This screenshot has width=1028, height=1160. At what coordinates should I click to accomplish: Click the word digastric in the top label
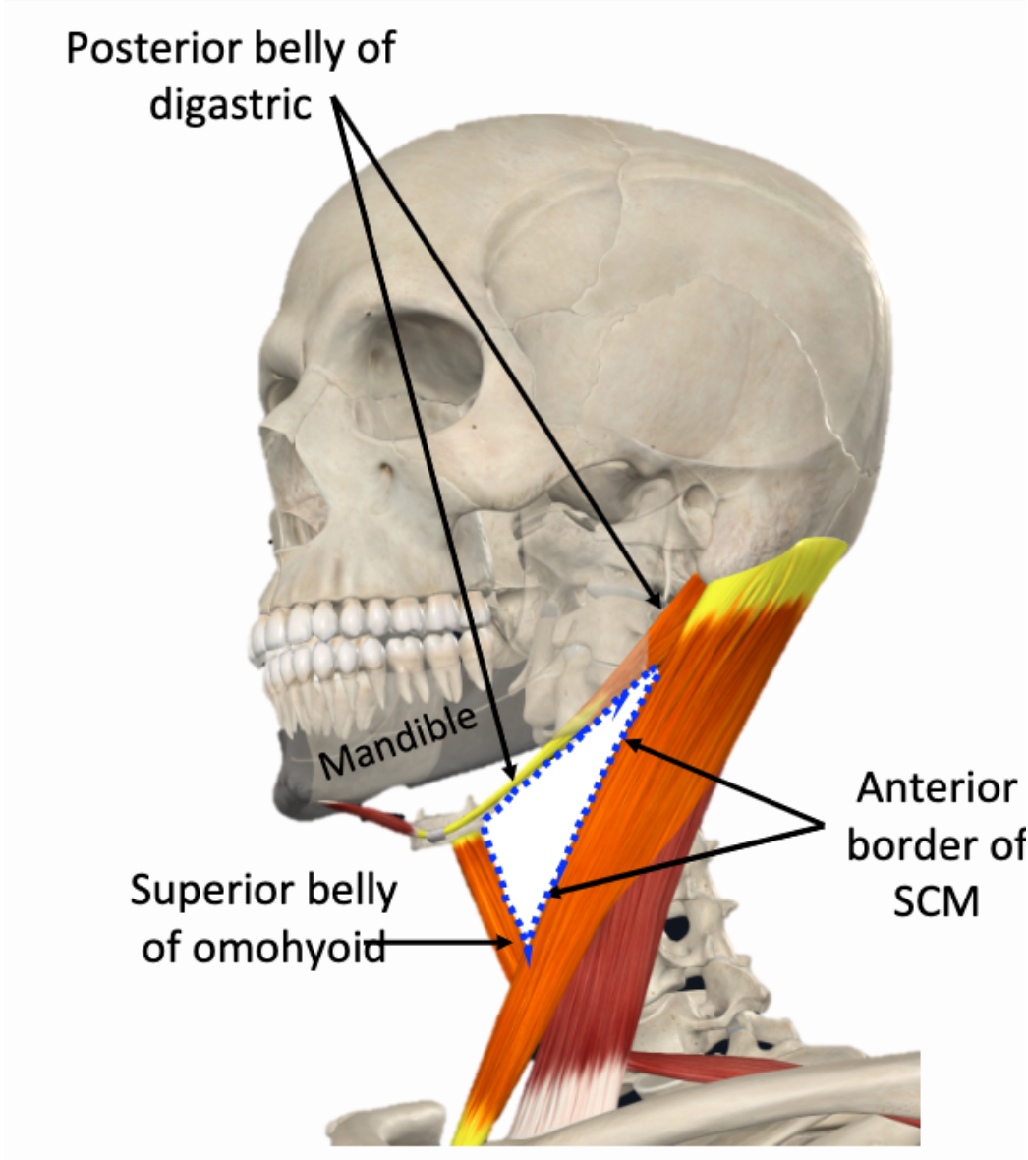pos(230,102)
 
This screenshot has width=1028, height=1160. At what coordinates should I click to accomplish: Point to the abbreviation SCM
pos(936,900)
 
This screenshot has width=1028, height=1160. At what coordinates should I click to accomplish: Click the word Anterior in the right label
pos(936,788)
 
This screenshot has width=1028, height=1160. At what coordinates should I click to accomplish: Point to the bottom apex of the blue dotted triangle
pos(528,958)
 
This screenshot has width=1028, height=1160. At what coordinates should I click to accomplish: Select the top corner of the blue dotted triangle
pos(656,672)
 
